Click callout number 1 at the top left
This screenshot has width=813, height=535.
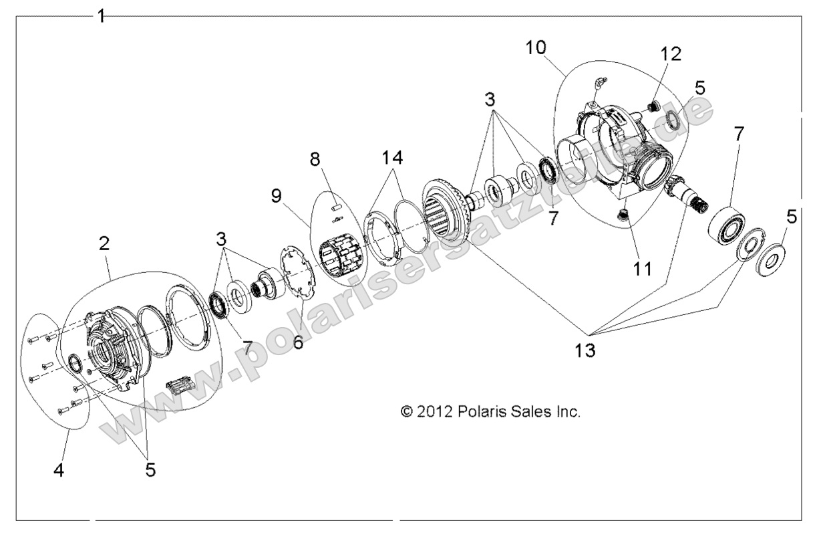point(101,15)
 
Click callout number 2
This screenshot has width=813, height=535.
point(104,244)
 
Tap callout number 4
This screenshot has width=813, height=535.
point(59,470)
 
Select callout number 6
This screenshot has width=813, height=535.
point(299,342)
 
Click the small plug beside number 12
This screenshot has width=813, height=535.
point(654,106)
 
